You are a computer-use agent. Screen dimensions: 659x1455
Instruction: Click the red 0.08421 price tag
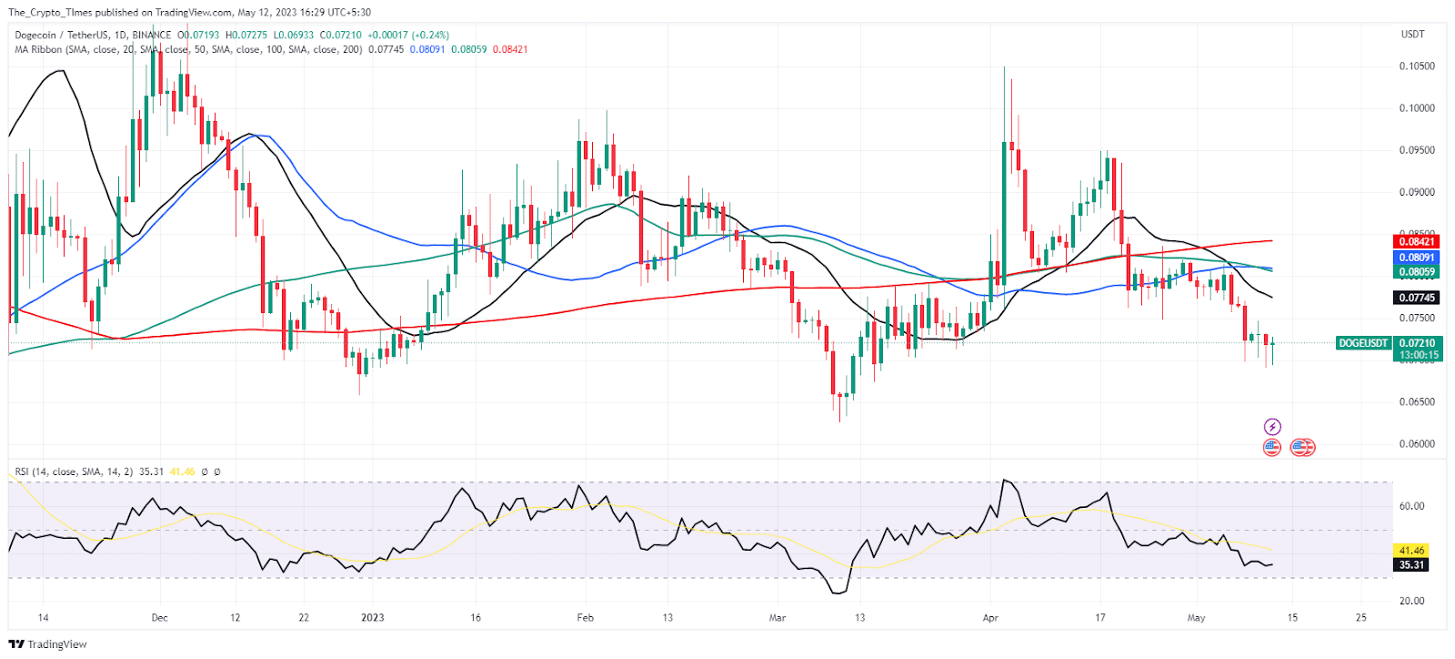pyautogui.click(x=1416, y=241)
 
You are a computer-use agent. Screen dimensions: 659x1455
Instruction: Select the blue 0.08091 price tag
pyautogui.click(x=1416, y=258)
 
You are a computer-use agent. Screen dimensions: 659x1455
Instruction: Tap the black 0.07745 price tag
pyautogui.click(x=1416, y=298)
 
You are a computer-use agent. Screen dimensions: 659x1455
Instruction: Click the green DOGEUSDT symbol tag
pyautogui.click(x=1363, y=343)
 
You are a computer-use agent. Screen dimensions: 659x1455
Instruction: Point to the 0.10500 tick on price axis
pyautogui.click(x=1416, y=66)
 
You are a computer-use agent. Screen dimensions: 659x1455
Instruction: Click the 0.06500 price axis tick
pyautogui.click(x=1416, y=401)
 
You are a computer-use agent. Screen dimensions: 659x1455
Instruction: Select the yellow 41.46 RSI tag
pyautogui.click(x=1411, y=551)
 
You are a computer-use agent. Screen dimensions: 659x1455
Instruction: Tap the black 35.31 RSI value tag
pyautogui.click(x=1411, y=565)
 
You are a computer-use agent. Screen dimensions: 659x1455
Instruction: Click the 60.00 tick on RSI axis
pyautogui.click(x=1411, y=506)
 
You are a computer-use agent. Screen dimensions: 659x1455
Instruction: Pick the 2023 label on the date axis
pyautogui.click(x=373, y=618)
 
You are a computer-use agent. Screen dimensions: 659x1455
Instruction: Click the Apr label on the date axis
pyautogui.click(x=990, y=618)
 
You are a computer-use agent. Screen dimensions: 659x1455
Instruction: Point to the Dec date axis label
pyautogui.click(x=160, y=618)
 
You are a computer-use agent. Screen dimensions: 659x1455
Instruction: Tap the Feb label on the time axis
pyautogui.click(x=586, y=618)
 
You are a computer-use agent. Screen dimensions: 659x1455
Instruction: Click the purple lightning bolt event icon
pyautogui.click(x=1272, y=427)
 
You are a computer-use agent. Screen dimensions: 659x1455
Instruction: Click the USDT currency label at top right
pyautogui.click(x=1412, y=35)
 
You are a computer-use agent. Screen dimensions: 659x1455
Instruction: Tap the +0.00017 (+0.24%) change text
pyautogui.click(x=408, y=35)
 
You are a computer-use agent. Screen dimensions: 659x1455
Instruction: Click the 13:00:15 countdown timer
pyautogui.click(x=1419, y=355)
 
